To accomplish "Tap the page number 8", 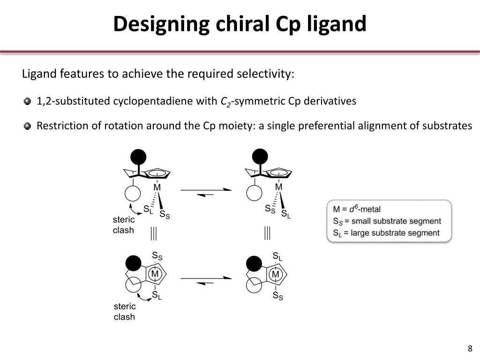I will [x=470, y=348].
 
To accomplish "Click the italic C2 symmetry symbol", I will [x=225, y=102].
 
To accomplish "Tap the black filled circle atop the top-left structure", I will [x=138, y=157].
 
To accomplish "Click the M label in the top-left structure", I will [x=157, y=187].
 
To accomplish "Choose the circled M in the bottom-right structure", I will [x=276, y=274].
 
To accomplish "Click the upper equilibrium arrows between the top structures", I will [x=206, y=192].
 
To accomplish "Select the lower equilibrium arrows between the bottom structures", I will [x=206, y=280].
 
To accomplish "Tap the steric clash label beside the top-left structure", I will [x=124, y=225].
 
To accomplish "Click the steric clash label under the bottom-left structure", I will [x=124, y=312].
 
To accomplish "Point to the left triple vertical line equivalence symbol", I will [x=153, y=233].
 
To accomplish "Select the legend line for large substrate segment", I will [x=386, y=233].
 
